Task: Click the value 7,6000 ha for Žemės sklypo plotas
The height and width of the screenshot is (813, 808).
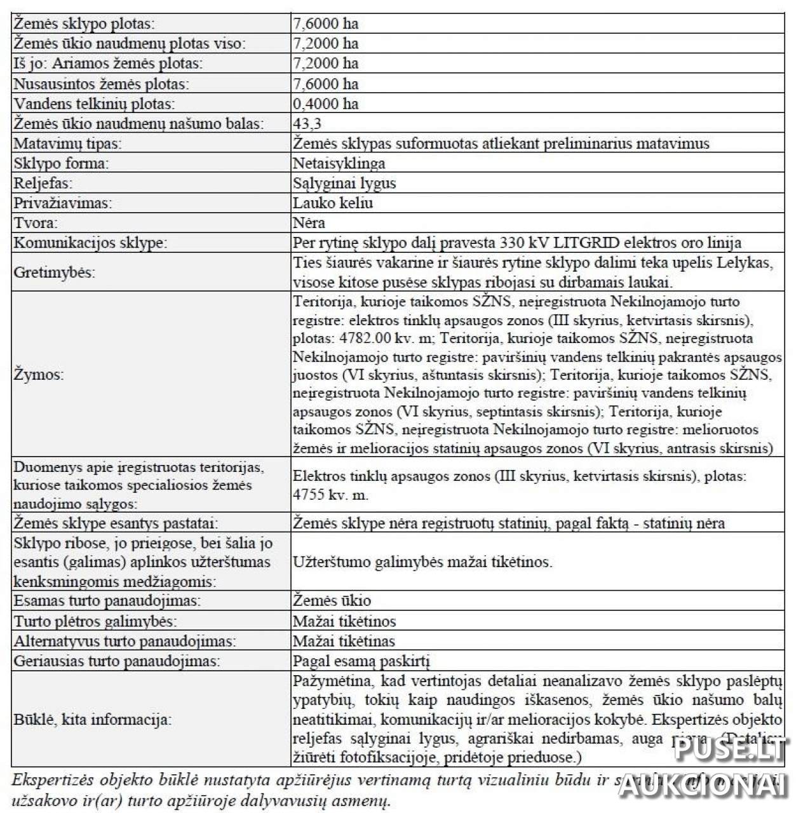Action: [x=325, y=24]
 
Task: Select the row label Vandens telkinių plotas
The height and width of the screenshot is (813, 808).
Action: [x=94, y=104]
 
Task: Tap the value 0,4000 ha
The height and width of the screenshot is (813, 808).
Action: [x=325, y=104]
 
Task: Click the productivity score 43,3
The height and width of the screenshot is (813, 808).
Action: [x=307, y=123]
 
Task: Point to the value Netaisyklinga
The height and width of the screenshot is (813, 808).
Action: [x=339, y=163]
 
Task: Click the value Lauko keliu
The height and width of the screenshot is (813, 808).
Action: [x=333, y=203]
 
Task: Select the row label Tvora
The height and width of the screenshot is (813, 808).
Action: [x=36, y=223]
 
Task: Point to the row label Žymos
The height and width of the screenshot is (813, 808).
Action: [x=39, y=375]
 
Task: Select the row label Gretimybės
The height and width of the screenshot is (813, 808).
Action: [x=55, y=272]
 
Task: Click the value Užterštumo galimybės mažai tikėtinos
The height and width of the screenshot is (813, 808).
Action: [x=422, y=562]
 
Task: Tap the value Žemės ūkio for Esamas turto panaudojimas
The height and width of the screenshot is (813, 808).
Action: [x=332, y=601]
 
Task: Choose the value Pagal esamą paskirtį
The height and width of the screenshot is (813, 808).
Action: [x=365, y=661]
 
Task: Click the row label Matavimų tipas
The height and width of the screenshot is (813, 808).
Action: [x=67, y=144]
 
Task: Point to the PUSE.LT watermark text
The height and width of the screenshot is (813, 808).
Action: [x=731, y=751]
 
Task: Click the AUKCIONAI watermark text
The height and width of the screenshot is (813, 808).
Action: [x=703, y=786]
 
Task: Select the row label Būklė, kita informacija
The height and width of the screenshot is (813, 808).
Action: [x=93, y=720]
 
